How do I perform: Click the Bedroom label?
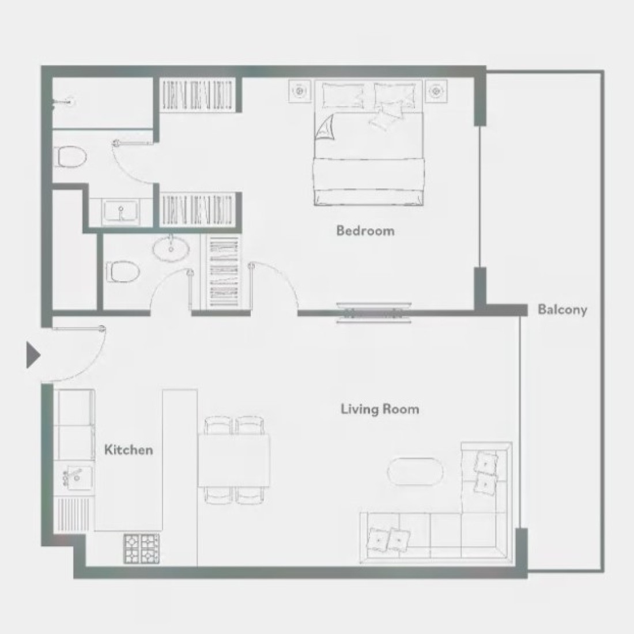(365, 231)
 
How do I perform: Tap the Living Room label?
(380, 409)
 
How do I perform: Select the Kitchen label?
(129, 450)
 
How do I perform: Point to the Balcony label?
(562, 310)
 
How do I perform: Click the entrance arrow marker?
(33, 355)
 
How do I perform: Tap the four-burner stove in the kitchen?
(142, 549)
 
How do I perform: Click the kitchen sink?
(77, 477)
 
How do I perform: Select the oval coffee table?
(415, 471)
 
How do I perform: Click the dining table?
(234, 461)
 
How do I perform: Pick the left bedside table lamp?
(300, 91)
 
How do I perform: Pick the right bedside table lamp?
(436, 91)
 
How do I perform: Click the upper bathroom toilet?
(71, 156)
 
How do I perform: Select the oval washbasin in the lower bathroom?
(171, 248)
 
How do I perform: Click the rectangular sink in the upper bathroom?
(120, 212)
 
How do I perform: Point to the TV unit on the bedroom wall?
(373, 312)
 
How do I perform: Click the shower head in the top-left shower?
(63, 103)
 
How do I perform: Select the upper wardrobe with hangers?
(197, 95)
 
